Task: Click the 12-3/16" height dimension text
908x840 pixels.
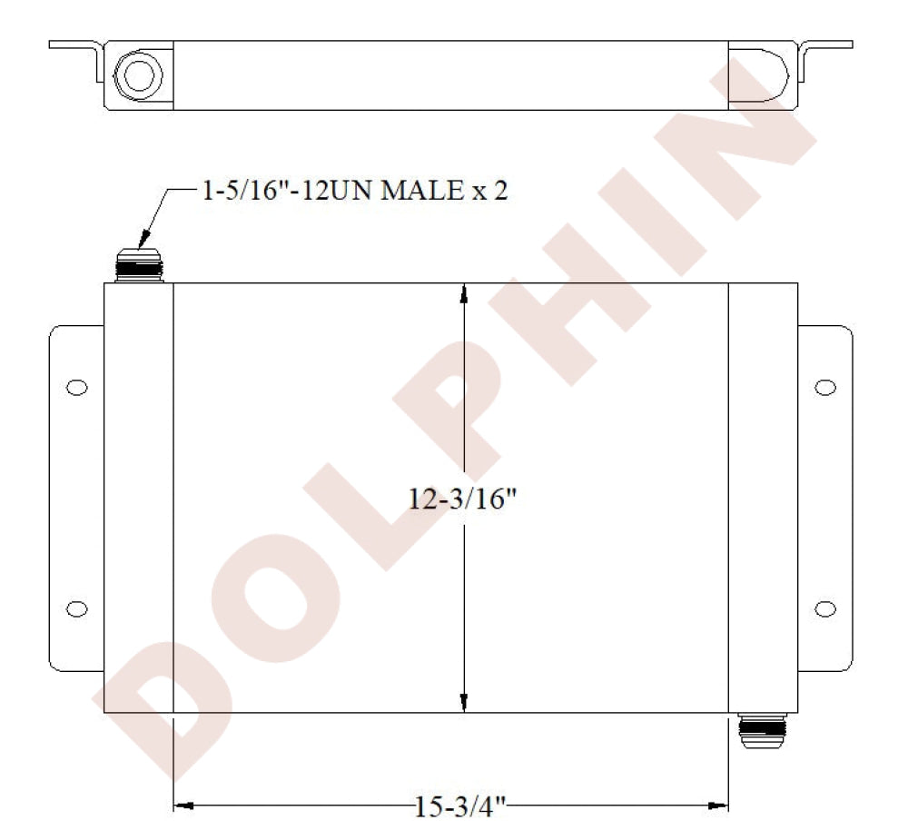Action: coord(462,499)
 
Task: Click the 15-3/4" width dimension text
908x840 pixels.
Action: coord(460,806)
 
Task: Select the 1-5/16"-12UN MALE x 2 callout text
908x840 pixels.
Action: coord(355,190)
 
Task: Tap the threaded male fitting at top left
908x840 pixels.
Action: coord(139,266)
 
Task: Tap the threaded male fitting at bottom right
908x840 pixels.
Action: coord(764,730)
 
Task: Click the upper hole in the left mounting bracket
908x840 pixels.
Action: coord(77,387)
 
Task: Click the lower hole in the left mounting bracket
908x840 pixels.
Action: coord(77,608)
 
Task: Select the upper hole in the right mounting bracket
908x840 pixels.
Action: coord(825,387)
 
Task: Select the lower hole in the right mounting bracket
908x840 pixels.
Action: coord(825,608)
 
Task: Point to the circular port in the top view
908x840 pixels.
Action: coord(138,75)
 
